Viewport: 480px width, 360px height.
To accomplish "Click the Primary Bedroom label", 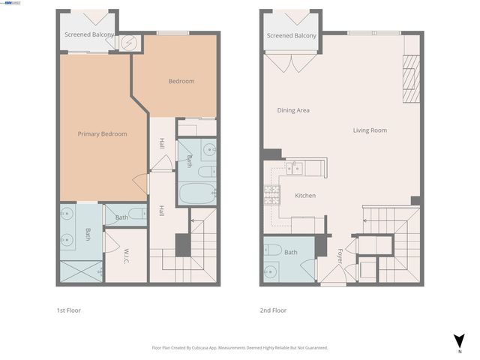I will coord(102,134).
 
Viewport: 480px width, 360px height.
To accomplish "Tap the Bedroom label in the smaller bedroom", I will coord(181,82).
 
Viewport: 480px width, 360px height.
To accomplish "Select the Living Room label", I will coord(370,130).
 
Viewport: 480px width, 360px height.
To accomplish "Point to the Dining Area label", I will coord(293,110).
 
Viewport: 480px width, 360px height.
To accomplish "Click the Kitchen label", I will coord(304,196).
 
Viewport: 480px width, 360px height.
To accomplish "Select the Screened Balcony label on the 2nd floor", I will coord(291,35).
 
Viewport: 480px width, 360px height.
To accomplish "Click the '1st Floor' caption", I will coord(68,310).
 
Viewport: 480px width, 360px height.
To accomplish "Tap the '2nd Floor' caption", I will coord(273,310).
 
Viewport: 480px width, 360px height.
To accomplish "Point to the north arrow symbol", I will coord(459,340).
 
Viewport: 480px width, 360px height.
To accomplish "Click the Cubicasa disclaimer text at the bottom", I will coord(239,348).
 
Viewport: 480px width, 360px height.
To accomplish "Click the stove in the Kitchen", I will coord(270,196).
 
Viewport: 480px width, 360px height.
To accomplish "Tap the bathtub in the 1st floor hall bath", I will coord(197,191).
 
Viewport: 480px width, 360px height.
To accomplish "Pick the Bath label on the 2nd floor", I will coord(290,253).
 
